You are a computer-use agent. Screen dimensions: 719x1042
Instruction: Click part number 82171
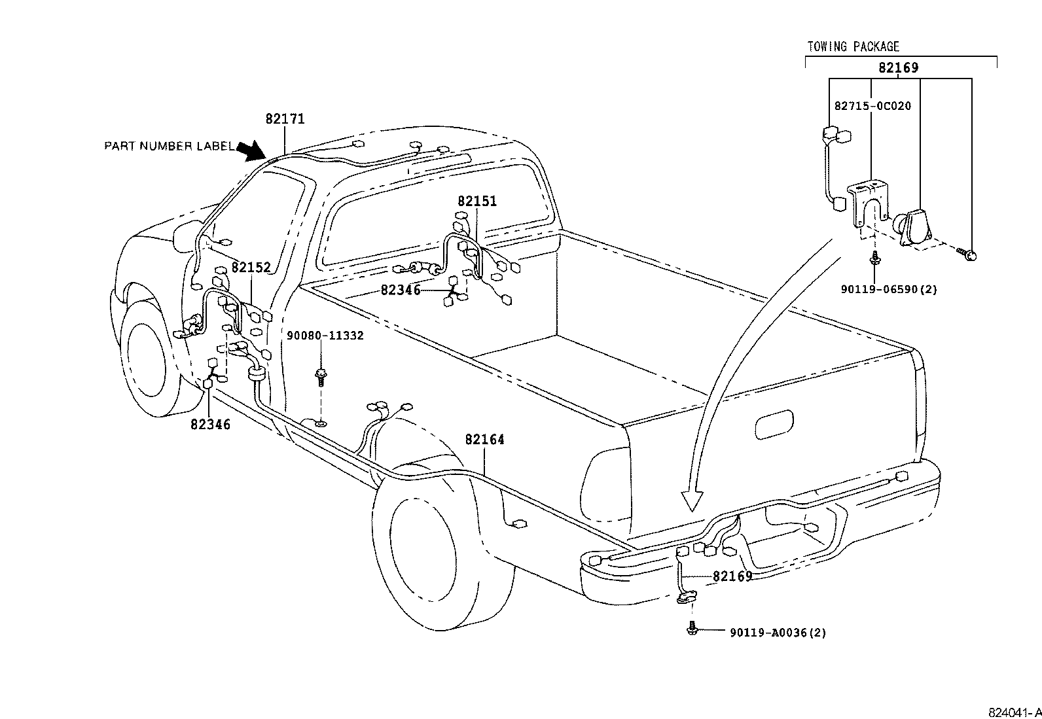coord(285,119)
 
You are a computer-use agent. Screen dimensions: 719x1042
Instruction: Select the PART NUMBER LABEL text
coord(169,146)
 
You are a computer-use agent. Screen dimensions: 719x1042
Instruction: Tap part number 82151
coord(477,201)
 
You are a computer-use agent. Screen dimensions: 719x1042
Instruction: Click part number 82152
coord(251,268)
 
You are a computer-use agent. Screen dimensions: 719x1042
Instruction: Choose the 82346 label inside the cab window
coord(401,290)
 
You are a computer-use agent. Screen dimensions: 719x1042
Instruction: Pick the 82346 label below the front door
coord(211,424)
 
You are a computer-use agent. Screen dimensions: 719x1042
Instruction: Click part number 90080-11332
coord(325,336)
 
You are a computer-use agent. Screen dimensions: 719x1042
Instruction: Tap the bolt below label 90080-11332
coord(321,376)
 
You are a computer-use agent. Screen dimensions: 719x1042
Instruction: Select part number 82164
coord(485,440)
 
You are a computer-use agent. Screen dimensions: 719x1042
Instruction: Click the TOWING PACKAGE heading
coord(853,46)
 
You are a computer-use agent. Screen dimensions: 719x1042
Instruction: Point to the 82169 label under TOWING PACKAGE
coord(898,67)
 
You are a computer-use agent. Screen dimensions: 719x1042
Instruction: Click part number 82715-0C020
coord(872,106)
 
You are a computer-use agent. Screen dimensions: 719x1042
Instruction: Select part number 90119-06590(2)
coord(888,289)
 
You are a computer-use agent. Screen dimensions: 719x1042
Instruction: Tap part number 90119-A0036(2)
coord(778,633)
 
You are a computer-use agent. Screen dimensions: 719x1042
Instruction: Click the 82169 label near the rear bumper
coord(732,576)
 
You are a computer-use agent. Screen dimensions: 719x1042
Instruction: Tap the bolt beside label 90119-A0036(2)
coord(692,629)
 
